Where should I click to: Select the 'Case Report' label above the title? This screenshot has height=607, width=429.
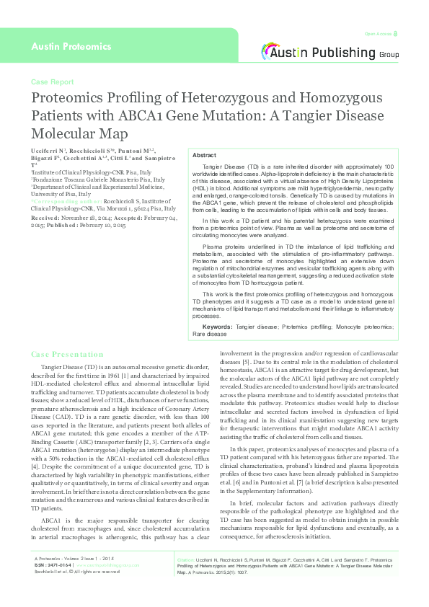click(52, 82)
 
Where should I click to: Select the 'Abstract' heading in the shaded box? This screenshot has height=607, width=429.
click(204, 156)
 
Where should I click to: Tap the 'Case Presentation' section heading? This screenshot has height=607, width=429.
click(68, 355)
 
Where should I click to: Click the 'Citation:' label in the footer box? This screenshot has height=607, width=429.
click(187, 579)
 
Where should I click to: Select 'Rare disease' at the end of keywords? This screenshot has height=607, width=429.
click(210, 334)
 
